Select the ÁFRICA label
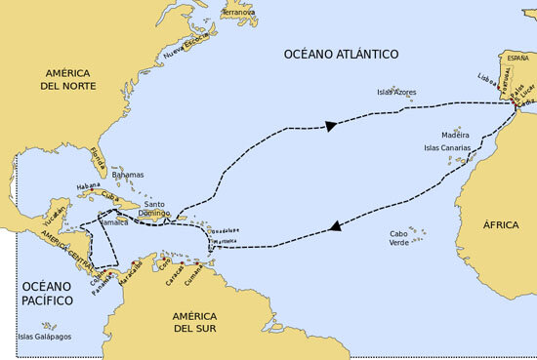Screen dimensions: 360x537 501,224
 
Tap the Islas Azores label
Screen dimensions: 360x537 396,93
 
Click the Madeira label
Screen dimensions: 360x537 455,135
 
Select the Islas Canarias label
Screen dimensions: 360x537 445,148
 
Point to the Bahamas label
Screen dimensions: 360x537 128,175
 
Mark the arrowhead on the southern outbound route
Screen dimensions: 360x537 335,226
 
